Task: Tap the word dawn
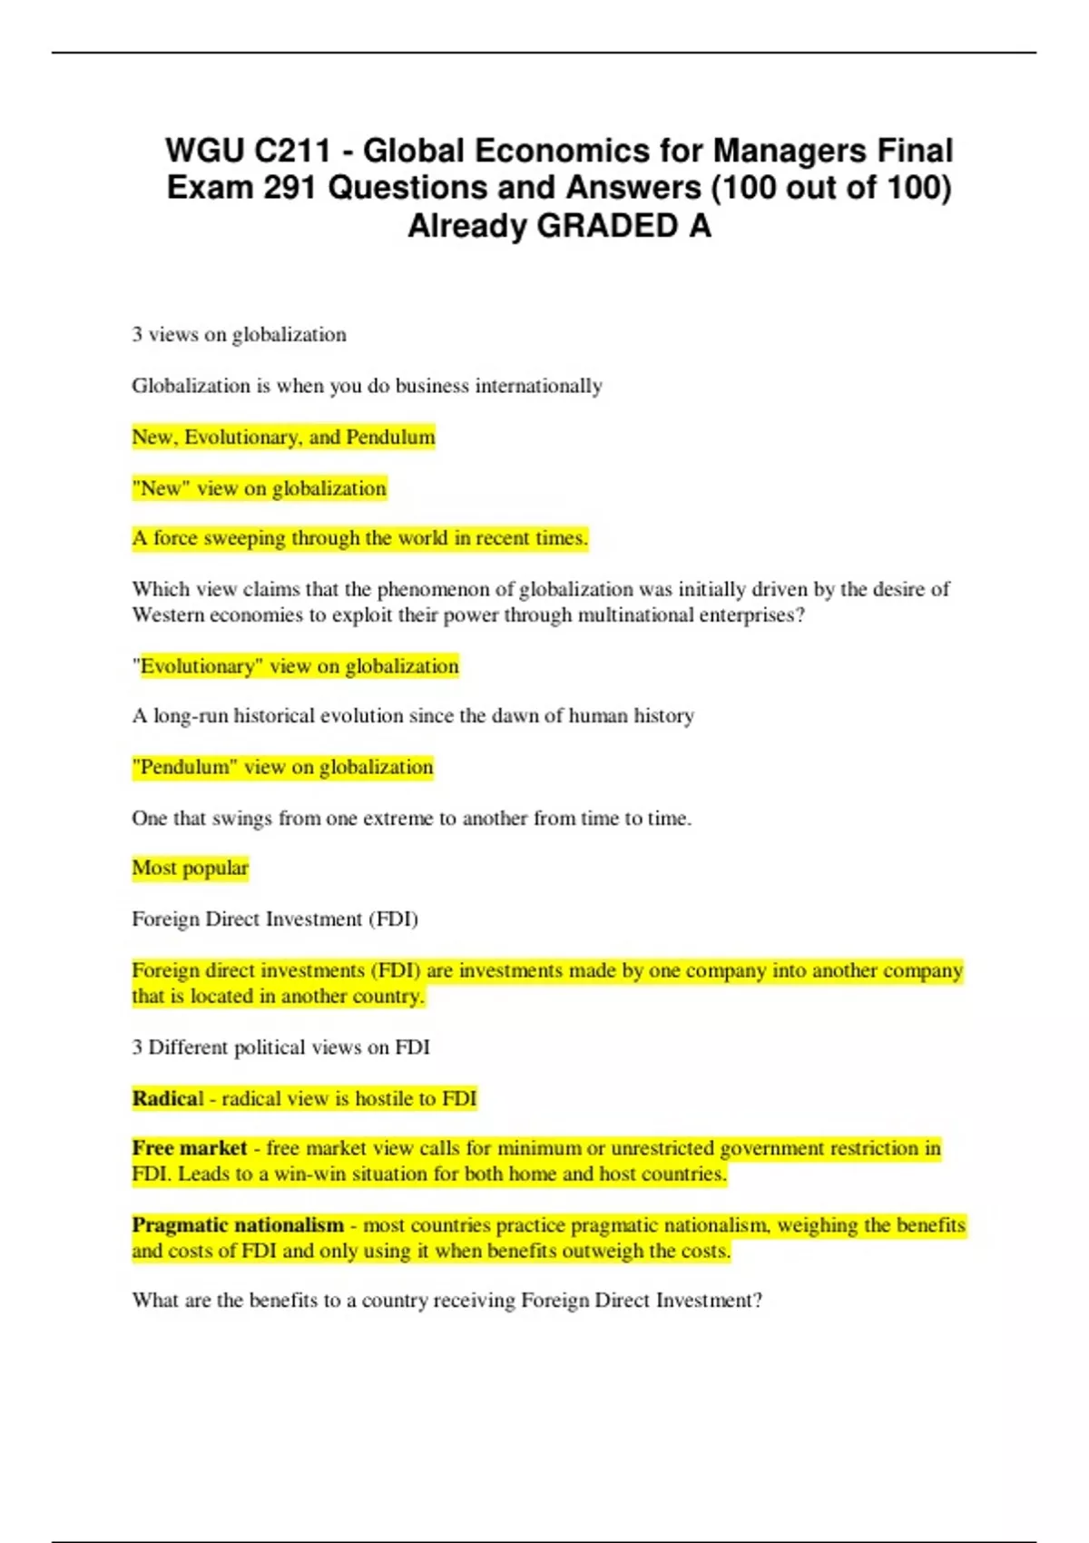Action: pos(515,716)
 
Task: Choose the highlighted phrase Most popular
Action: pos(190,869)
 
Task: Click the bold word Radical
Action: pos(168,1099)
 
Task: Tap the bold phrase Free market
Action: pos(190,1148)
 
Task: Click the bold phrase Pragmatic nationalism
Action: pos(238,1225)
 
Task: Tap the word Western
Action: pos(168,615)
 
